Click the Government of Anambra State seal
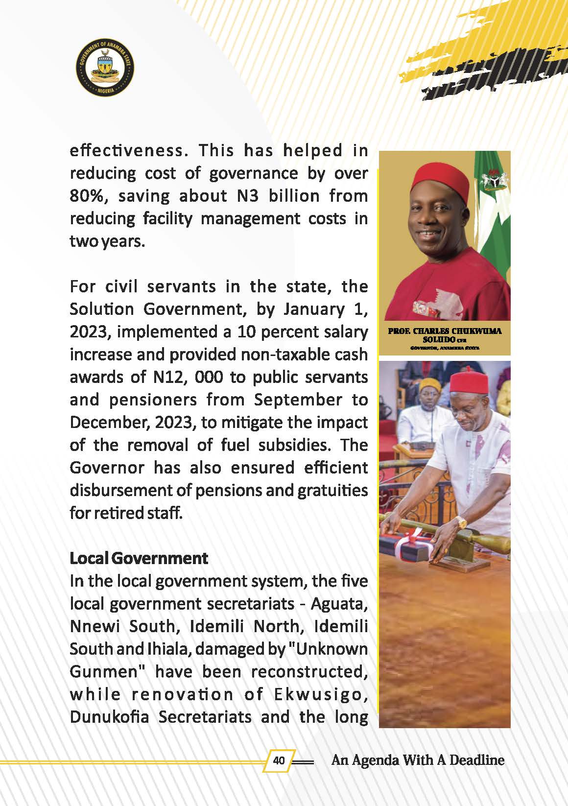pyautogui.click(x=105, y=68)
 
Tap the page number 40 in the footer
pyautogui.click(x=279, y=760)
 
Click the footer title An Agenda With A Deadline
pyautogui.click(x=418, y=760)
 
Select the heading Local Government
pyautogui.click(x=139, y=558)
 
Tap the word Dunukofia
pyautogui.click(x=110, y=717)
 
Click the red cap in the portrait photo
pyautogui.click(x=438, y=176)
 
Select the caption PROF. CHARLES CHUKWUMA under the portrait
pyautogui.click(x=445, y=331)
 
